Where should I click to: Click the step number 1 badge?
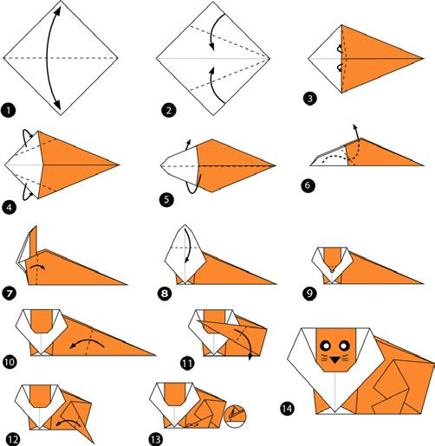click(x=9, y=110)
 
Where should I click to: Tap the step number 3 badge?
click(x=310, y=99)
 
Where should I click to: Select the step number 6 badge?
click(x=308, y=185)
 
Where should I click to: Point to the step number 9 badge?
click(x=309, y=294)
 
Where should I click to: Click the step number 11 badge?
click(x=187, y=363)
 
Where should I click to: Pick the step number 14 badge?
click(x=287, y=409)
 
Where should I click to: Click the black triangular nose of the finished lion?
click(x=335, y=359)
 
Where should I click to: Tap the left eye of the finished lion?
click(x=326, y=345)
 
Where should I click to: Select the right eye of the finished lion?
click(x=344, y=345)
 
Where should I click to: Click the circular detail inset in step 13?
click(x=236, y=417)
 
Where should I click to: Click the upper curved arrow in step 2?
click(x=214, y=30)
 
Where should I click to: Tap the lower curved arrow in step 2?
click(x=214, y=84)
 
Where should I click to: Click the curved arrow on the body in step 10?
click(x=87, y=341)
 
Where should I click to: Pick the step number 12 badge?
click(x=12, y=439)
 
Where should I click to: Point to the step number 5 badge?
click(x=166, y=199)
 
